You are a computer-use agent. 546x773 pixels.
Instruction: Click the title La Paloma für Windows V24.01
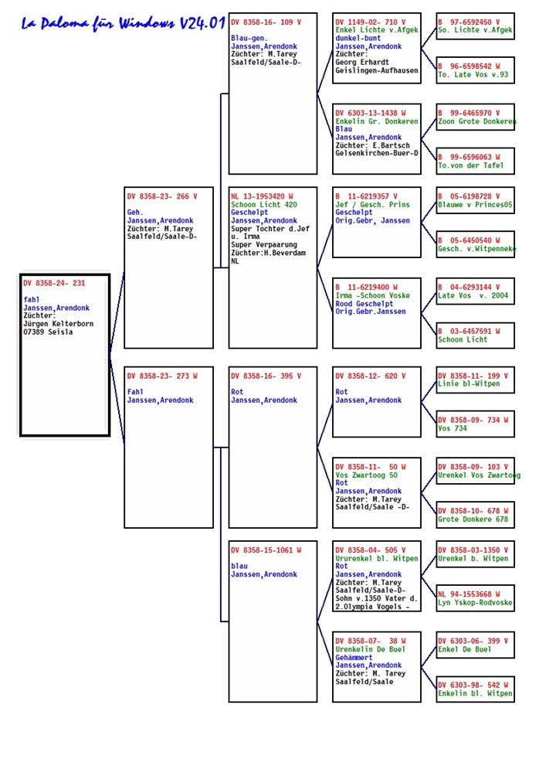pos(123,23)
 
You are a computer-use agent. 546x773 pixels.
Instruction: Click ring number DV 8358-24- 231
pos(54,283)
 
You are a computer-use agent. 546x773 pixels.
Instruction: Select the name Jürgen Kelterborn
pos(58,324)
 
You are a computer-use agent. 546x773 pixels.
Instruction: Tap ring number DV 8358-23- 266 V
pos(162,196)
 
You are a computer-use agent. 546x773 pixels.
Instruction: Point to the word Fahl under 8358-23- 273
pos(135,392)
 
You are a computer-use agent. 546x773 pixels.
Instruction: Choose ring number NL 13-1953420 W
pos(262,196)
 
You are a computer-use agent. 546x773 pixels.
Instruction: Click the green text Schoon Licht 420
pos(264,205)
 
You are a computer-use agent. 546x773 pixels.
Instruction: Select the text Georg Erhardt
pos(362,62)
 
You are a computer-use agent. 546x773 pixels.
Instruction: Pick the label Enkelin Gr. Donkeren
pos(377,121)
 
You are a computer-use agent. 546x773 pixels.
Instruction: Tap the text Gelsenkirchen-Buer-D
pos(377,153)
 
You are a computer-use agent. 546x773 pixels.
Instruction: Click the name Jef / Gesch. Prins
pos(372,205)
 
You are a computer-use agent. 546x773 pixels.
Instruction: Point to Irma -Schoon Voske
pos(372,296)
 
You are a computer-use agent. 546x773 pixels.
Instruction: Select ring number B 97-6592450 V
pos(469,22)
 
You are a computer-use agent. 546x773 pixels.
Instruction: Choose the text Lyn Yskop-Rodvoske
pos(475,602)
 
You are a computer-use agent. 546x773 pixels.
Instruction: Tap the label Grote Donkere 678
pos(473,519)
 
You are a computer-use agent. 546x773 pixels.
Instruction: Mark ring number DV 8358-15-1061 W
pos(266,550)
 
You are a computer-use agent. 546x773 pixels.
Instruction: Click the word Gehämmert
pos(354,658)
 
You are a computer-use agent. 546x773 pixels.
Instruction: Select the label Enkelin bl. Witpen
pos(475,693)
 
